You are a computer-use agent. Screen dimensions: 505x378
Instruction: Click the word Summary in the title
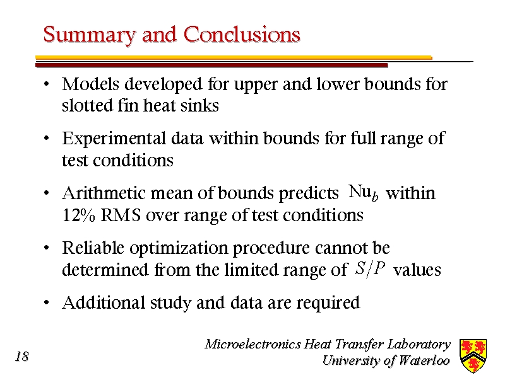coord(90,35)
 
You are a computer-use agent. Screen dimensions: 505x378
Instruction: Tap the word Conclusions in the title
coord(242,34)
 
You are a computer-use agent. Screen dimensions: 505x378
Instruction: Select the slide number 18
coord(22,357)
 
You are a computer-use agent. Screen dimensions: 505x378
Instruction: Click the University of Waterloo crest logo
coord(473,355)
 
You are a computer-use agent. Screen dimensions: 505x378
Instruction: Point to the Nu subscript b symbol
coord(364,193)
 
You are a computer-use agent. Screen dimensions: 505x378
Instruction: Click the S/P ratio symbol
coord(371,269)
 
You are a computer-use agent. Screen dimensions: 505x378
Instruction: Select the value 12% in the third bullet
coord(78,215)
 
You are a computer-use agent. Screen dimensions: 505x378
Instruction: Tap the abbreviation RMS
coord(121,215)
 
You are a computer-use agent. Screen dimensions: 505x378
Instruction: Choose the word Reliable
coord(93,248)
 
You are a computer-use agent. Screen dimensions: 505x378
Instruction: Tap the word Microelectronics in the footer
coord(253,344)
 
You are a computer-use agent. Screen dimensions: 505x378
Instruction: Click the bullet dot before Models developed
coord(47,84)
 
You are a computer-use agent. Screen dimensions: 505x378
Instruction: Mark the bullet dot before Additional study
coord(47,303)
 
